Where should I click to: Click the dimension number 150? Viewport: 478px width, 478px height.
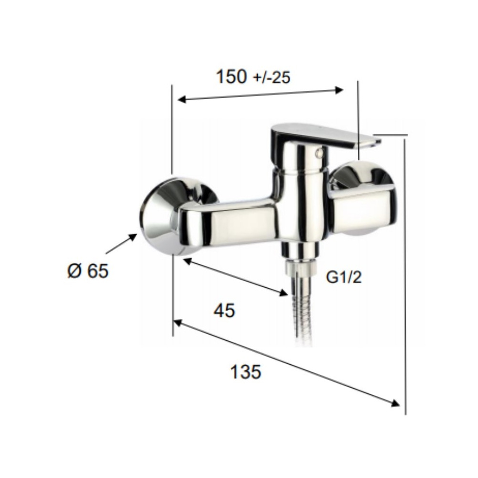(230, 77)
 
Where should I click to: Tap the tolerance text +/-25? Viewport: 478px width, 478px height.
(272, 78)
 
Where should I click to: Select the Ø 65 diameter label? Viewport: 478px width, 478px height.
(88, 271)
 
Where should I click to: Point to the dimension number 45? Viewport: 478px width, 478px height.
(224, 311)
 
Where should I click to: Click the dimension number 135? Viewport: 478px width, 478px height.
(246, 371)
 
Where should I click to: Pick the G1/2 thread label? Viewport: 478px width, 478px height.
(344, 277)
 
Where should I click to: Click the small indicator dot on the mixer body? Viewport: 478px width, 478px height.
(320, 152)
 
